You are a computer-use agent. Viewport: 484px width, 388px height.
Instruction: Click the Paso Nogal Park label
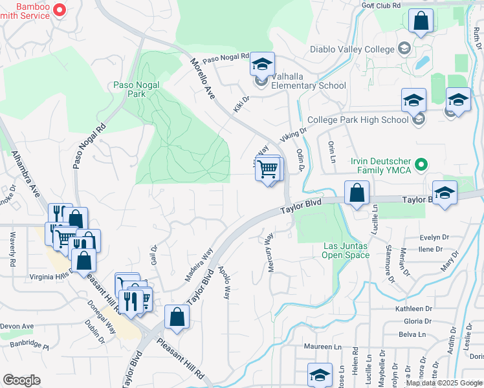137,89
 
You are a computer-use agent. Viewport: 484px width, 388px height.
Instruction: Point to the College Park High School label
358,120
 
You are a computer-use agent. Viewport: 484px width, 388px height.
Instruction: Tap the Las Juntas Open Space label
346,250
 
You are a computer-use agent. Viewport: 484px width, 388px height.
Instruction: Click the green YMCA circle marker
422,164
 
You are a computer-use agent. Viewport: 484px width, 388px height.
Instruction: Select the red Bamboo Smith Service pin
59,9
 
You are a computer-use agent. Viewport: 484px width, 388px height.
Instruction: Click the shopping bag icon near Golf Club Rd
421,21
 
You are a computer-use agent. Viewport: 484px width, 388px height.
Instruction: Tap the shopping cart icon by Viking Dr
267,169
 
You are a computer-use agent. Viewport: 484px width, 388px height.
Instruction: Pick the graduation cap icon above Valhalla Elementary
262,64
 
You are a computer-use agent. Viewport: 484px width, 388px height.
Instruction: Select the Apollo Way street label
225,283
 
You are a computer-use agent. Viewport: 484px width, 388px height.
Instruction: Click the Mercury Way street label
270,253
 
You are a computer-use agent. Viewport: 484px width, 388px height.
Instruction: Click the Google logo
21,380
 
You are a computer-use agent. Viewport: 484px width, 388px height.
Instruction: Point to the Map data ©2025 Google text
445,383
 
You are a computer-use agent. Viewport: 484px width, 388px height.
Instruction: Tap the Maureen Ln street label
323,347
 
